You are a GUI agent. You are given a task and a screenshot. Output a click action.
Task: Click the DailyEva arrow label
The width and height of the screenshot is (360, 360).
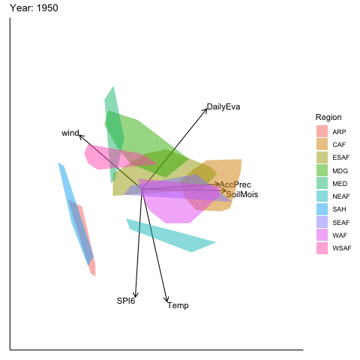(223, 106)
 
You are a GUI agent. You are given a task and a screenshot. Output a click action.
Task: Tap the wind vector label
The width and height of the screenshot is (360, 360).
(70, 133)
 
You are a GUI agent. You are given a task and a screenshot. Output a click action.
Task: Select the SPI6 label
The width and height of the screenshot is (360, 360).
(126, 301)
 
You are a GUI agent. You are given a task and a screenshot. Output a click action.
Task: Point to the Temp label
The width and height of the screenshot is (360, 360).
(178, 305)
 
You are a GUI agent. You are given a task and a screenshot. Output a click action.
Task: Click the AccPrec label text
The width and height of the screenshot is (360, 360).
(235, 184)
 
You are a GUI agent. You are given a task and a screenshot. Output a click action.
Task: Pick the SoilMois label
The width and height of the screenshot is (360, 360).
(242, 194)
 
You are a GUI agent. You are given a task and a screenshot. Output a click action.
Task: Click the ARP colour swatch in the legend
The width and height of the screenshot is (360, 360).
(322, 131)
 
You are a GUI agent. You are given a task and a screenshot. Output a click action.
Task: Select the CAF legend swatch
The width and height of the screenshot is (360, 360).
(322, 144)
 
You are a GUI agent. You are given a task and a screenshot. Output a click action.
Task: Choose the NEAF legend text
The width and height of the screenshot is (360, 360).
(341, 196)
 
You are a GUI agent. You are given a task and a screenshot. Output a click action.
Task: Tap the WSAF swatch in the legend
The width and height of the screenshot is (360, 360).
(322, 248)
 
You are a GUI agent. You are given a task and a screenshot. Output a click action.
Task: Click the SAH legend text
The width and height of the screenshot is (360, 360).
(339, 209)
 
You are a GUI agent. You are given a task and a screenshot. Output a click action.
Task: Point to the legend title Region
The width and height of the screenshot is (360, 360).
(328, 117)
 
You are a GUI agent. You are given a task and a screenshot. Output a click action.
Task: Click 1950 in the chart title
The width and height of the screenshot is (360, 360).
(47, 8)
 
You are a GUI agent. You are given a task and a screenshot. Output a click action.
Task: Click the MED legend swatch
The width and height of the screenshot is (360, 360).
(322, 183)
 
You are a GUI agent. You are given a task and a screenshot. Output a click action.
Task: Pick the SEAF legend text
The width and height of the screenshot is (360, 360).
(341, 223)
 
